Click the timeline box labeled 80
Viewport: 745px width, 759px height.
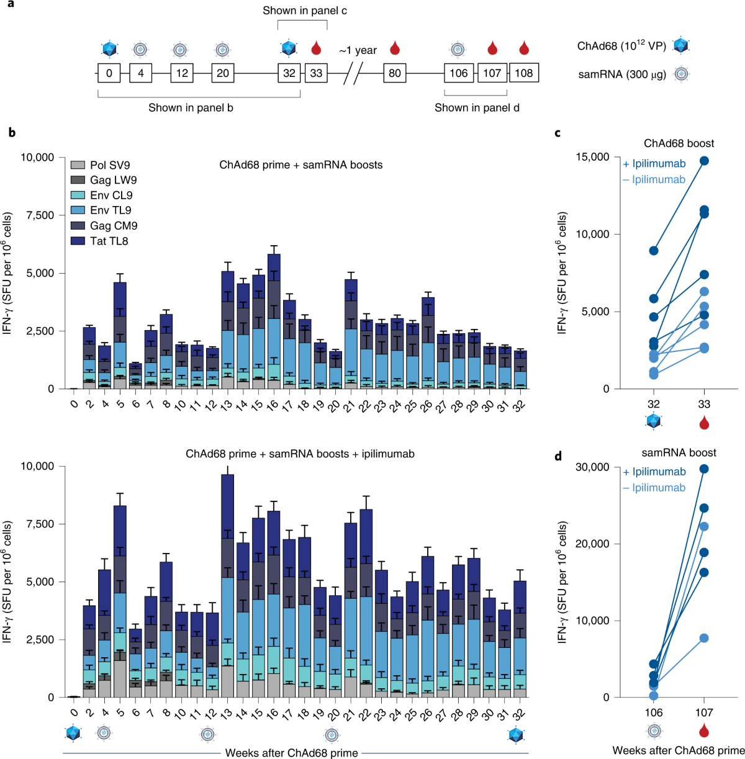tap(395, 73)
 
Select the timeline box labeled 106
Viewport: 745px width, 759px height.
tap(459, 73)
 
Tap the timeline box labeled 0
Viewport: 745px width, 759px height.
tap(109, 73)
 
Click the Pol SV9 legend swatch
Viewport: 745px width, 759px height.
tap(78, 165)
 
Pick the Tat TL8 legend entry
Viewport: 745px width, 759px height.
tap(109, 241)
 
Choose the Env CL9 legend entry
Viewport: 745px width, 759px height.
tap(111, 195)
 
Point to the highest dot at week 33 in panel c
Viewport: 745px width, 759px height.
tap(704, 161)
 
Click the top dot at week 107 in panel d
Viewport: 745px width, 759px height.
tap(704, 469)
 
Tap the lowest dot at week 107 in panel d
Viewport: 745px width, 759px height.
tap(704, 638)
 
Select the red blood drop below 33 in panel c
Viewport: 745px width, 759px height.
tap(704, 423)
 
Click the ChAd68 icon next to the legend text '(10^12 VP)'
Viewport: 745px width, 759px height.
tap(681, 46)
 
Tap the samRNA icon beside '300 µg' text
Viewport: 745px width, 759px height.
tap(682, 74)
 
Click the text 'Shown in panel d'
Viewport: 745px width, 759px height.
tap(477, 107)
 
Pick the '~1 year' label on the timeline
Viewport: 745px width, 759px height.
tap(358, 50)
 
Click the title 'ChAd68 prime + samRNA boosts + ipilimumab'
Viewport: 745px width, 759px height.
tap(300, 454)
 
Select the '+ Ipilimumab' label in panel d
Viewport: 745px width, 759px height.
tap(654, 472)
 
